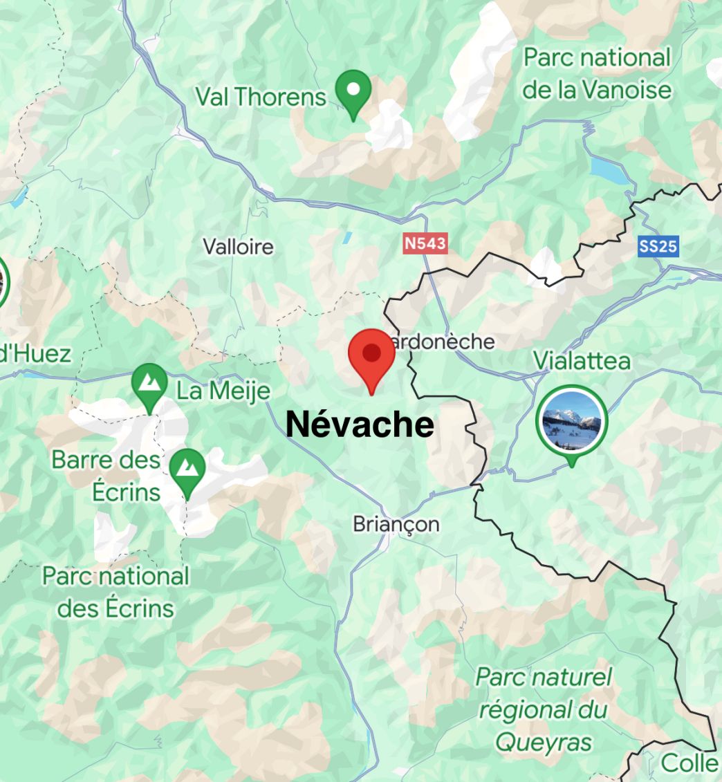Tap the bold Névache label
(360, 424)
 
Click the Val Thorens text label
(260, 97)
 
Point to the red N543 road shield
(425, 243)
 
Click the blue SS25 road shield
(658, 245)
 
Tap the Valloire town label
(238, 247)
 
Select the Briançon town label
(396, 524)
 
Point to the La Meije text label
(223, 391)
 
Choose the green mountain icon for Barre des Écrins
(187, 469)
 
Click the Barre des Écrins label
(107, 476)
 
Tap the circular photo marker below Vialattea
(572, 421)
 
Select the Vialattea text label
(582, 360)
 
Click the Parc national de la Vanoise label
(597, 73)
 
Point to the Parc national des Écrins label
(115, 592)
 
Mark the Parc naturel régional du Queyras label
(544, 710)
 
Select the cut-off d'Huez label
(35, 354)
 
